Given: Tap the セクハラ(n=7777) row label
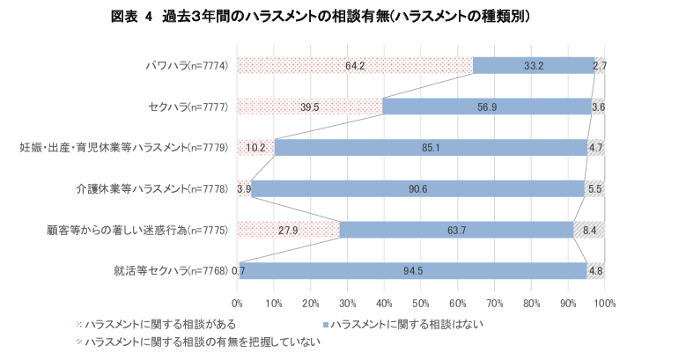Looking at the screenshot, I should [x=189, y=107].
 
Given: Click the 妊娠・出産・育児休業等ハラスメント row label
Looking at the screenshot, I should [x=124, y=147].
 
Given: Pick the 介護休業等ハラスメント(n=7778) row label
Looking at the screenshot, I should [x=151, y=188].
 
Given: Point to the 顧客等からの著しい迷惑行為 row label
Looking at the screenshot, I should [x=138, y=229].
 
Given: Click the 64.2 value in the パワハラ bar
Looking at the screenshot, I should [x=355, y=66].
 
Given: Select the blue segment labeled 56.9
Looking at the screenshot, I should [x=487, y=107].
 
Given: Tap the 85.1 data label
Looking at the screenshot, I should [x=431, y=147].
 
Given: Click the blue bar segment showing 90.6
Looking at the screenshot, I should [x=418, y=188].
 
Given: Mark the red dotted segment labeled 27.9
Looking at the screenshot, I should [x=288, y=229].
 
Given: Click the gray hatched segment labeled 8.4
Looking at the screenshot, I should [x=589, y=229].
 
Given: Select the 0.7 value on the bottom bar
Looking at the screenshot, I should [x=239, y=269].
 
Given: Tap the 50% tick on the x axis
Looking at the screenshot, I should [x=421, y=303].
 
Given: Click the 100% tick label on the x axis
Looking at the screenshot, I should [x=604, y=303].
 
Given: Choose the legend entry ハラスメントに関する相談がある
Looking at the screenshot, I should [x=154, y=325].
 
